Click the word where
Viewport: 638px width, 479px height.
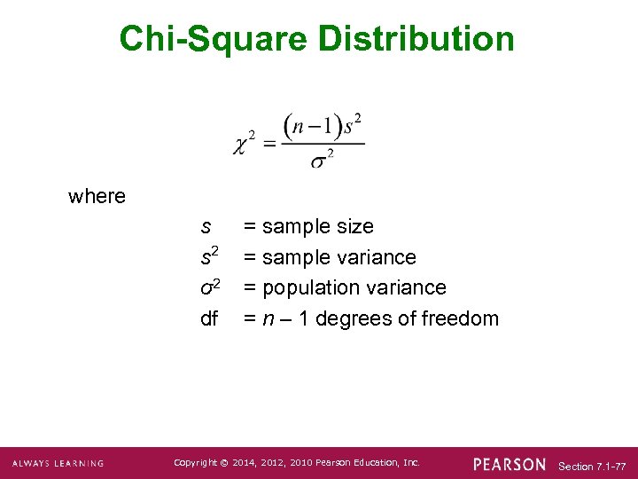pos(97,196)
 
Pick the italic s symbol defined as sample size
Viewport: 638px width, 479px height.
pos(206,227)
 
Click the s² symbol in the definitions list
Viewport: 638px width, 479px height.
pos(210,257)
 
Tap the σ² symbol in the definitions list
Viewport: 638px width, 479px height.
pos(210,287)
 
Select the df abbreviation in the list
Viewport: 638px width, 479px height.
pos(209,318)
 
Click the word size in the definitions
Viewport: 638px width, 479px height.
pos(354,227)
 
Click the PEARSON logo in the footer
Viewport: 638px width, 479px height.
pos(510,464)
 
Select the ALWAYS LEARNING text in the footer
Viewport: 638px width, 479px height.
pos(58,464)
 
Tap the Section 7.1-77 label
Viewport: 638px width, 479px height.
pos(593,466)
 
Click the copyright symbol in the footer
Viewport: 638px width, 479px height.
pos(223,463)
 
